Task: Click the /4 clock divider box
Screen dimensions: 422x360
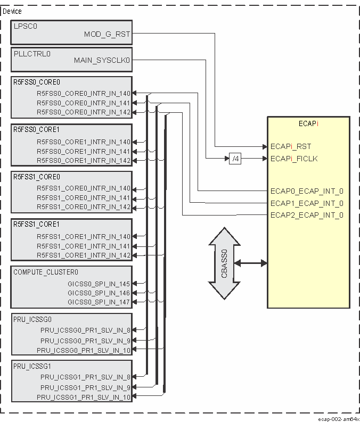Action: click(x=235, y=159)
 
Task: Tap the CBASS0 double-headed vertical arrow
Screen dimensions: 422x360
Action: click(x=224, y=263)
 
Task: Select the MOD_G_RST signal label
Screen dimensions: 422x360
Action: click(x=107, y=35)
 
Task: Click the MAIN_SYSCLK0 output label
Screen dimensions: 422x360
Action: click(x=102, y=60)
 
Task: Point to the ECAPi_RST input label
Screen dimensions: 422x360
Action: click(x=291, y=146)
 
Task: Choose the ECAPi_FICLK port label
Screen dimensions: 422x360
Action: click(x=294, y=159)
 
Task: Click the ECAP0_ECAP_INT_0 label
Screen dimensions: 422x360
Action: click(x=307, y=191)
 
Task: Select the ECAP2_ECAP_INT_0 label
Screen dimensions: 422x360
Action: click(x=307, y=215)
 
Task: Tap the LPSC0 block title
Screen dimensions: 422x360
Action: click(x=26, y=26)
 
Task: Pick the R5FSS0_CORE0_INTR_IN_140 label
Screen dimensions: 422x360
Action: click(x=83, y=93)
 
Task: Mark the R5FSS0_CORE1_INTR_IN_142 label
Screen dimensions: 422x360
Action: click(x=83, y=161)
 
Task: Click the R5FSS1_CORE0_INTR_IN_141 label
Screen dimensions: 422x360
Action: click(x=83, y=198)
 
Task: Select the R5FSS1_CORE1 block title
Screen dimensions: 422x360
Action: click(x=37, y=224)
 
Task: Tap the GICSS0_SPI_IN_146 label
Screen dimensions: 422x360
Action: click(x=99, y=293)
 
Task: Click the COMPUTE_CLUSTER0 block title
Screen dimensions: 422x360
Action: click(x=46, y=272)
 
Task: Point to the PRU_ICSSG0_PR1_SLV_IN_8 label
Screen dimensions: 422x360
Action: click(x=85, y=330)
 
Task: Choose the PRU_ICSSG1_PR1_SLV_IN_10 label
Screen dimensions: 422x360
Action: click(x=84, y=398)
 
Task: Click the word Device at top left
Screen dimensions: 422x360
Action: click(x=13, y=11)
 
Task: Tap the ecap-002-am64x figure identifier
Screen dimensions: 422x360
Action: click(x=339, y=418)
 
